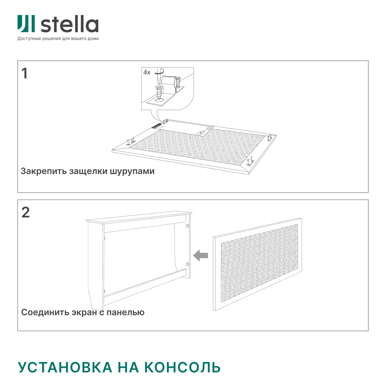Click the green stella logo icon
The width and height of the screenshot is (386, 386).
click(x=26, y=24)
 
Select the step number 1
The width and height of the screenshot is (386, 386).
click(x=24, y=73)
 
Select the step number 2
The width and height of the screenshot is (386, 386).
click(x=26, y=212)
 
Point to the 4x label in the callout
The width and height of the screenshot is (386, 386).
click(x=147, y=72)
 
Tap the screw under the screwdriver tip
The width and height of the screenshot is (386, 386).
click(x=159, y=94)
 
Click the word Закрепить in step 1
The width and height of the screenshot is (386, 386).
click(x=44, y=171)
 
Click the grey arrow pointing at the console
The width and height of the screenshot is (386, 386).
click(x=201, y=255)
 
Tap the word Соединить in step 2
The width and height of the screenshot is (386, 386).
click(x=45, y=312)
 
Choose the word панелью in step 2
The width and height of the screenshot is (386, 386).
click(x=125, y=312)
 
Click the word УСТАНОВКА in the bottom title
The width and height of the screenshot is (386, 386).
click(x=65, y=367)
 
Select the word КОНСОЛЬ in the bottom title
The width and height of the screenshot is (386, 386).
click(x=182, y=367)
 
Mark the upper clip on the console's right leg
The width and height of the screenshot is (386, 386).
click(x=187, y=226)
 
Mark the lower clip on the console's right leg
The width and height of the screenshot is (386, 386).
click(x=187, y=264)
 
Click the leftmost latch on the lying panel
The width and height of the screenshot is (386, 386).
click(x=131, y=142)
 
